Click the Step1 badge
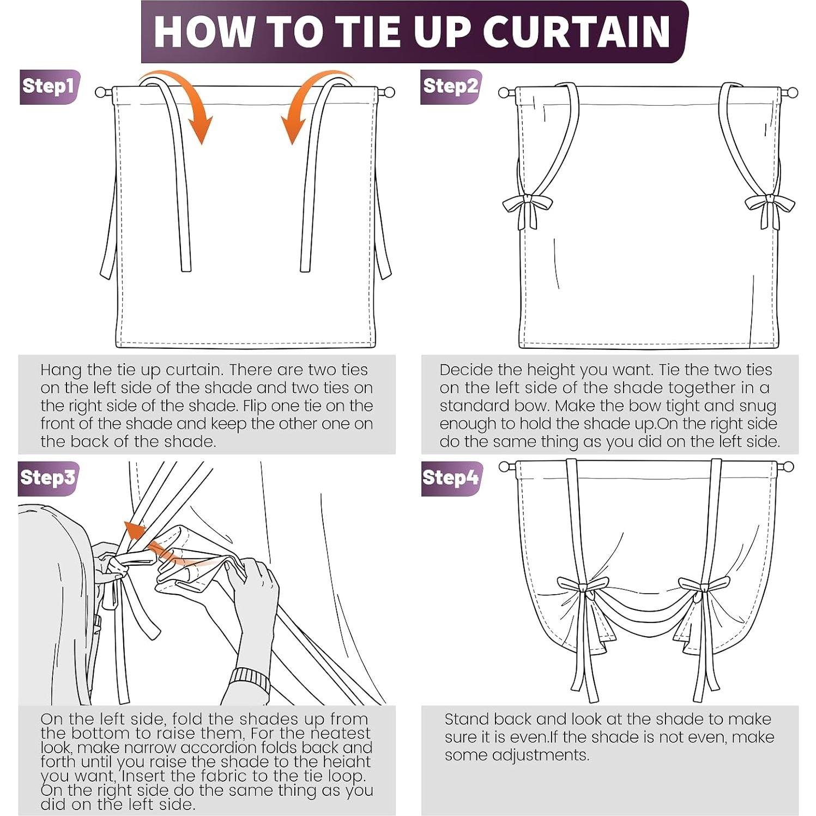[50, 87]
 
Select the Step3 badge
[49, 478]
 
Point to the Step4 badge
[451, 478]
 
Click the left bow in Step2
[527, 210]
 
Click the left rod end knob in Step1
[101, 92]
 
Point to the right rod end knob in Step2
[792, 93]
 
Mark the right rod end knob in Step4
[788, 467]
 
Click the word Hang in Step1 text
[61, 371]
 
